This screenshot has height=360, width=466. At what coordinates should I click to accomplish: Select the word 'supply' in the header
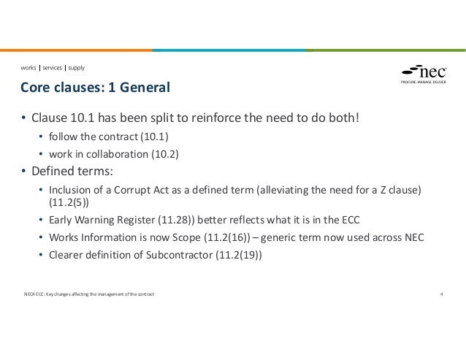[x=76, y=68]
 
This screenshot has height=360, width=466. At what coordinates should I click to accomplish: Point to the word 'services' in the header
[x=52, y=68]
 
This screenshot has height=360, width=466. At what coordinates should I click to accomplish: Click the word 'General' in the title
[x=142, y=89]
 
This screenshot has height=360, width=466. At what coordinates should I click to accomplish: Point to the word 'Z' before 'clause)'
[x=385, y=191]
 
